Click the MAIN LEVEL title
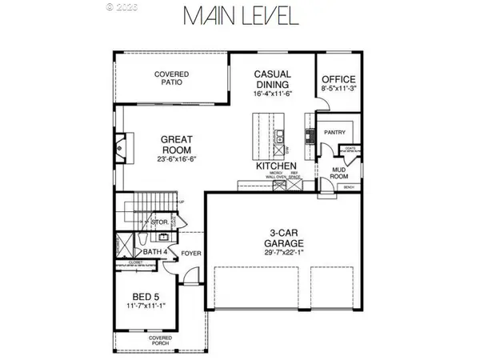[x=240, y=17]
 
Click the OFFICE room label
[x=338, y=79]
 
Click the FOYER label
[x=190, y=254]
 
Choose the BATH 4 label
[x=154, y=253]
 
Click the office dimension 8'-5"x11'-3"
[x=338, y=91]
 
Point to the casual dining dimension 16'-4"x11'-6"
[x=273, y=94]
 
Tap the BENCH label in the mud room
[x=349, y=187]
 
